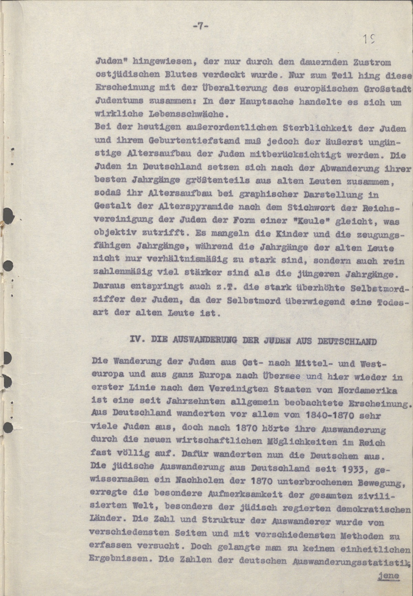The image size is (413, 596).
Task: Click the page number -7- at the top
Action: pyautogui.click(x=200, y=26)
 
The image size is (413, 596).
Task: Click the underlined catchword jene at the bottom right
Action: pyautogui.click(x=388, y=575)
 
